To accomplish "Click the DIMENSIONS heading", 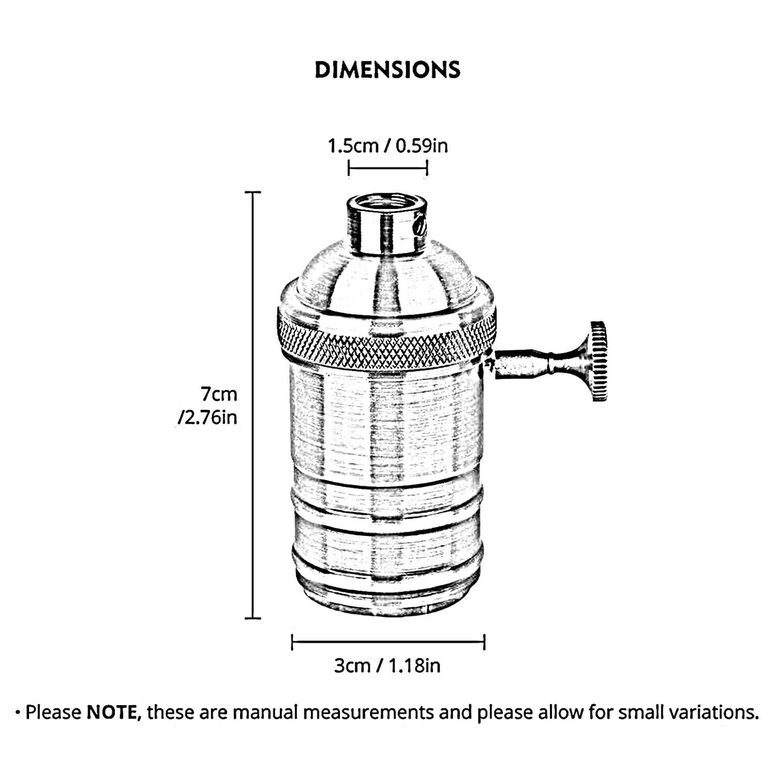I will (x=387, y=70).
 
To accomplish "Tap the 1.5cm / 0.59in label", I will (x=388, y=146).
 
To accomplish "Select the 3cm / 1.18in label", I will (x=387, y=665).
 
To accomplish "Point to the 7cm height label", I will (x=219, y=394).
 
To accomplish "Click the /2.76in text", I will (x=207, y=417).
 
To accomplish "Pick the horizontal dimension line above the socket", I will (x=388, y=168).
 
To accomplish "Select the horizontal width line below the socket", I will (x=388, y=642).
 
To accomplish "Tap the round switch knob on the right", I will (x=598, y=361).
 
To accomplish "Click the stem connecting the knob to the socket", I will (x=537, y=362).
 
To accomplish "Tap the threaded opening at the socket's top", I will (x=387, y=204).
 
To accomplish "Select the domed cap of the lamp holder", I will (x=387, y=274).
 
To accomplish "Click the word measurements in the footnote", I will (x=368, y=713).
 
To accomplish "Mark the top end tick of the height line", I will (x=253, y=192).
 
